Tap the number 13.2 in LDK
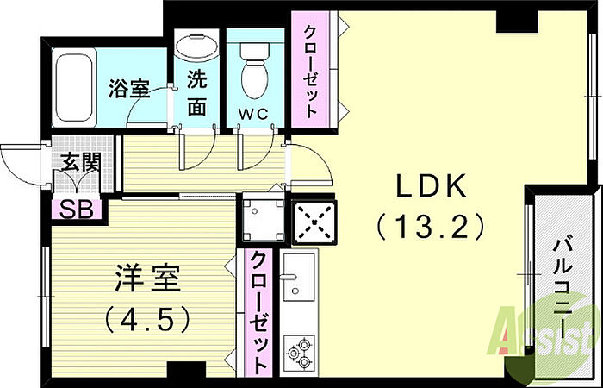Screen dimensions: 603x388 click(430, 226)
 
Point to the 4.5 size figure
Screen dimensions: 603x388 click(147, 320)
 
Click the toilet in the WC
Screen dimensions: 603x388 click(254, 71)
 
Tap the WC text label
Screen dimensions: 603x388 click(253, 114)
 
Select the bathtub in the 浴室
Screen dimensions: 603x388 click(74, 88)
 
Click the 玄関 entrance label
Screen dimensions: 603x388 click(81, 162)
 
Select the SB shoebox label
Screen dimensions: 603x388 click(76, 210)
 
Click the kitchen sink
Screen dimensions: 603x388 click(299, 277)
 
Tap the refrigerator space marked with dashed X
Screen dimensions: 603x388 click(314, 222)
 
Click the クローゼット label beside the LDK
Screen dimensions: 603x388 click(310, 72)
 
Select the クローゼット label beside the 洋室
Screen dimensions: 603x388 click(258, 312)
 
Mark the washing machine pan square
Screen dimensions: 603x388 click(264, 218)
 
